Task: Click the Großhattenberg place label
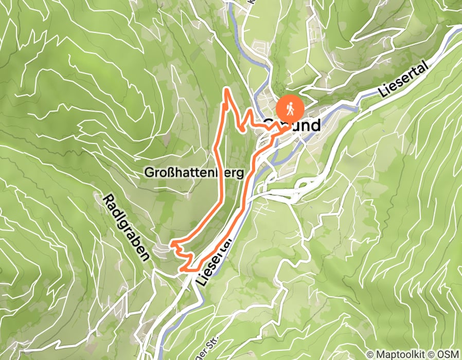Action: pos(193,173)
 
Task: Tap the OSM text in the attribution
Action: pos(448,354)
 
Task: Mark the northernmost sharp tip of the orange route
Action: pos(225,89)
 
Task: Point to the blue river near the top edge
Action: pos(234,21)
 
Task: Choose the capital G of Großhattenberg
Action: pos(148,173)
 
